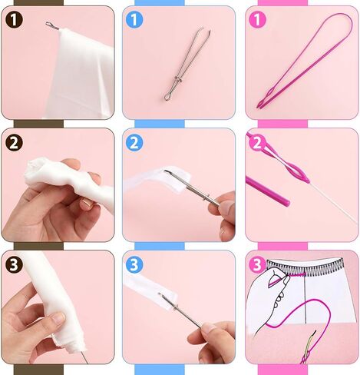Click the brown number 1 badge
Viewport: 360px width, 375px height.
tap(14, 20)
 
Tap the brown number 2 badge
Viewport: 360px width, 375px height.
tap(14, 143)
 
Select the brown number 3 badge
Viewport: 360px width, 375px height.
tap(14, 264)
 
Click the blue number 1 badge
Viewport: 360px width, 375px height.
tap(134, 20)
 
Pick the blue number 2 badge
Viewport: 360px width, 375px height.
tap(134, 143)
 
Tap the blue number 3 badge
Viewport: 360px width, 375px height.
tap(134, 264)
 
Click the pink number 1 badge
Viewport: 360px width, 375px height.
tap(257, 20)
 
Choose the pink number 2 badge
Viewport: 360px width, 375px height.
tap(257, 143)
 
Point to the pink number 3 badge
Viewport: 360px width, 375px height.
tap(257, 264)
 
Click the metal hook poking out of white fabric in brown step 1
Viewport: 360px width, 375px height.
tap(52, 26)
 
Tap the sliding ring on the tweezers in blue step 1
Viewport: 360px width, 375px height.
tap(178, 79)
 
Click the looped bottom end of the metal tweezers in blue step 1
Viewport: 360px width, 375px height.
tap(168, 96)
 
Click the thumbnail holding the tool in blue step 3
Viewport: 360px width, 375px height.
tap(209, 327)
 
